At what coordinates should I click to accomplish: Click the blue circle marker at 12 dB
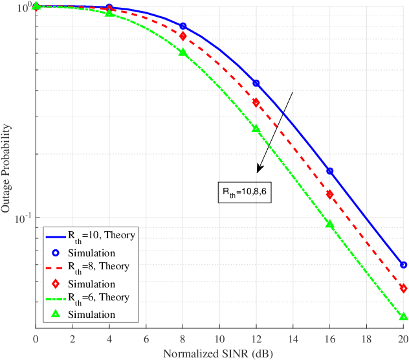pos(256,83)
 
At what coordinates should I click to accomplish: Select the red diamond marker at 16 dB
pos(329,194)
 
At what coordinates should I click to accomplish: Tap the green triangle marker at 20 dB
pos(403,317)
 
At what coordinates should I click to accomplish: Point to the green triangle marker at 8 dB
pos(182,52)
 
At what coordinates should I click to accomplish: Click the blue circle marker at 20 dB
pos(403,265)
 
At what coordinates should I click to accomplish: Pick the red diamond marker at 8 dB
pos(182,36)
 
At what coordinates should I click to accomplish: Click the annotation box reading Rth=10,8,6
pos(242,192)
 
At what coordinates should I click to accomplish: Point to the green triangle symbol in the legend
pos(55,314)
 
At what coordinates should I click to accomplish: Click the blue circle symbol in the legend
pos(55,252)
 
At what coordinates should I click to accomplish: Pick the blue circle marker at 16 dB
pos(329,171)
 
